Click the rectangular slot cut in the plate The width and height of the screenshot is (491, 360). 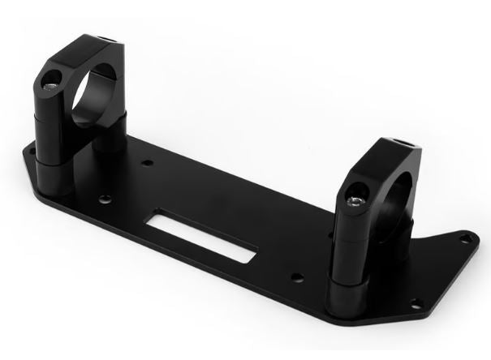coord(203,235)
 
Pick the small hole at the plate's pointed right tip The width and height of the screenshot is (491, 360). coord(464,238)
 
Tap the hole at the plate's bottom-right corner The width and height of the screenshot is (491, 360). coord(418,303)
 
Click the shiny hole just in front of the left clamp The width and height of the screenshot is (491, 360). coord(103,198)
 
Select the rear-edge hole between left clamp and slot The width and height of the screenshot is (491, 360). coord(147,164)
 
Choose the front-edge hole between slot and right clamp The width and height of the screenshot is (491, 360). coord(298,277)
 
